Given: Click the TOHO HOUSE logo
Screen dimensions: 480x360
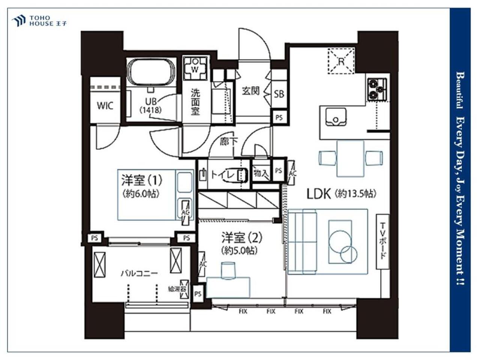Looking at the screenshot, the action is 39,21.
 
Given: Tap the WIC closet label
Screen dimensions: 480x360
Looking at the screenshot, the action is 105,106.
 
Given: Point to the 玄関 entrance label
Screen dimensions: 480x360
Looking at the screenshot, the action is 251,91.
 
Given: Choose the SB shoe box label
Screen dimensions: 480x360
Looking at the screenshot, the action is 279,94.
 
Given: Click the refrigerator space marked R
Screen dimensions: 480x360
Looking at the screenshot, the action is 341,61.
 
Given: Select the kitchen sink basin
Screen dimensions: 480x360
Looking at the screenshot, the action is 336,117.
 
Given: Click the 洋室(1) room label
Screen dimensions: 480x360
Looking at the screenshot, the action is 142,180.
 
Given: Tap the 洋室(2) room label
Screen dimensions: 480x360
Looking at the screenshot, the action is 242,238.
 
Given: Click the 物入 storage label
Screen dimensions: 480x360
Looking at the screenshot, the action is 261,173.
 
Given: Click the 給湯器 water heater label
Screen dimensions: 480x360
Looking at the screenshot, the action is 177,289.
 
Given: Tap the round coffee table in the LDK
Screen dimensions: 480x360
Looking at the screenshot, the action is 340,242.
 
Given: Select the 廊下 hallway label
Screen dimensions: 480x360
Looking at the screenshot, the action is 228,142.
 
